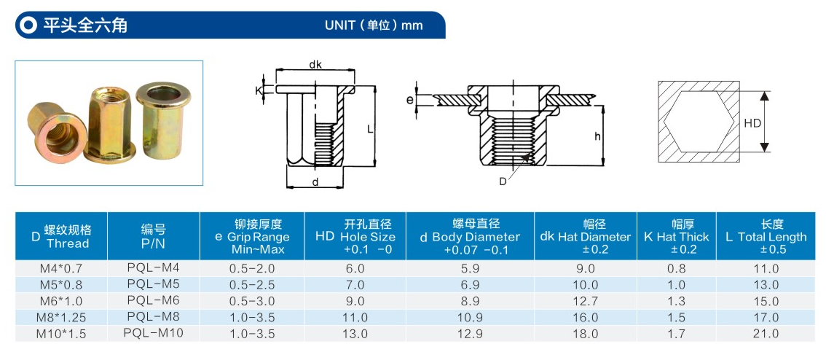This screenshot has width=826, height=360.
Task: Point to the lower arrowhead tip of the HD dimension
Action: [765, 152]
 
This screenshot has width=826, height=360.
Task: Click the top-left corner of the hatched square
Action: [658, 82]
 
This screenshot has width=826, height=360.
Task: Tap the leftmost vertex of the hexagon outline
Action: [664, 122]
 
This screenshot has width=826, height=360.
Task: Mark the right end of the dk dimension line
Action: [354, 69]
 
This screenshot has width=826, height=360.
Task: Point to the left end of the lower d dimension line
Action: [286, 186]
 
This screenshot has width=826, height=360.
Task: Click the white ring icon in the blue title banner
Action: [28, 25]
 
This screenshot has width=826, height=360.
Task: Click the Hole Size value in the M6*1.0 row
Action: [354, 302]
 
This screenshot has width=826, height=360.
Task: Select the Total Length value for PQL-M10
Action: [766, 334]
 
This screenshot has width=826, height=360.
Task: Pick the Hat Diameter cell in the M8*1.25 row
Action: [586, 318]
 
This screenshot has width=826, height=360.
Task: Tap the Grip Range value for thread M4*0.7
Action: [252, 269]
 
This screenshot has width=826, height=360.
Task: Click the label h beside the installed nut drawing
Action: [597, 136]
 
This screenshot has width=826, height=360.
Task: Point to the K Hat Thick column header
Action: [677, 237]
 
